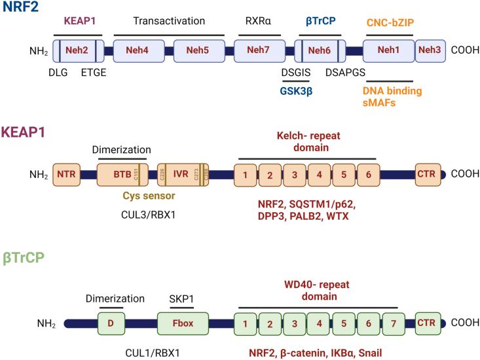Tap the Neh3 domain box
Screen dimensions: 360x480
tap(430, 50)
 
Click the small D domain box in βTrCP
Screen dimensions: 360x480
tap(111, 323)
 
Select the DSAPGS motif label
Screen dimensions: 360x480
tap(345, 72)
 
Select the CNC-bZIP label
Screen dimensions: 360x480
tap(390, 23)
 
